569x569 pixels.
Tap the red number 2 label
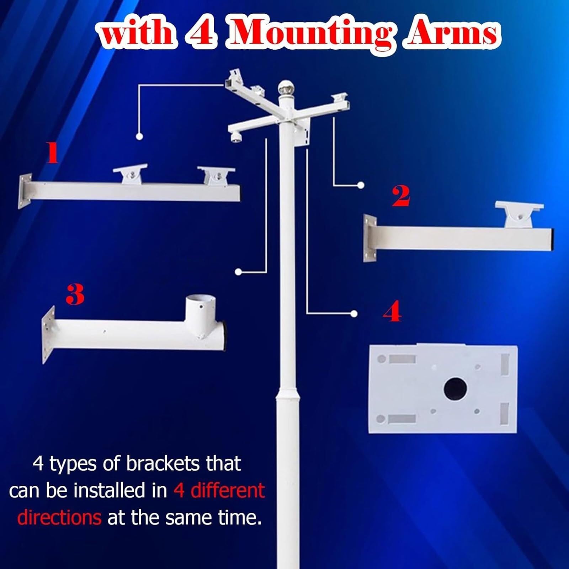(401, 196)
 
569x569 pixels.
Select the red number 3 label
(75, 294)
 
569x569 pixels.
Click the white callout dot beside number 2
(361, 185)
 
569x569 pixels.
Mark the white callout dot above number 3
(239, 272)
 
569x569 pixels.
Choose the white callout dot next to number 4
(353, 313)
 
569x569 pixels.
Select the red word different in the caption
(228, 490)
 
